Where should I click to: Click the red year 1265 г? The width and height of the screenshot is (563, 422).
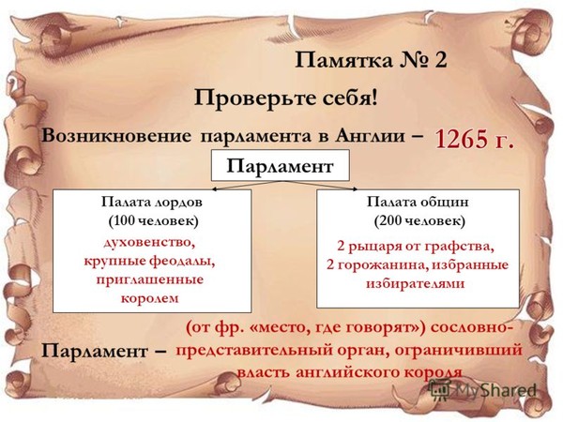click(474, 139)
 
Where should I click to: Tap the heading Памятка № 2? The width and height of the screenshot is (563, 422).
click(371, 60)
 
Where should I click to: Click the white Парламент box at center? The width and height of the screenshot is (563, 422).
click(280, 165)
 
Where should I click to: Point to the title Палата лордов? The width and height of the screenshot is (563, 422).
click(151, 203)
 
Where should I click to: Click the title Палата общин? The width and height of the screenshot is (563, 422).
click(418, 202)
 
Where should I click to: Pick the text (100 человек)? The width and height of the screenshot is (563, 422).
click(153, 221)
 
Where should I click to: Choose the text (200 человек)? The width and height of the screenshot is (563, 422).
click(419, 220)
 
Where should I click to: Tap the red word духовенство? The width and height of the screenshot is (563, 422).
click(149, 243)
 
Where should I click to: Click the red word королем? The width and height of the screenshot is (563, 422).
click(150, 299)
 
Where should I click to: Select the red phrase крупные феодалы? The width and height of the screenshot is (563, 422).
click(149, 262)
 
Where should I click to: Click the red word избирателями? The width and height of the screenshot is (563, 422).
click(415, 283)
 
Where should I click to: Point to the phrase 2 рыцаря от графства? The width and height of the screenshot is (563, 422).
click(416, 247)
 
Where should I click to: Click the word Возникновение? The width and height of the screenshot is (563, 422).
click(116, 136)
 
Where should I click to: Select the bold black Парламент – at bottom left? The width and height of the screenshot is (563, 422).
click(103, 352)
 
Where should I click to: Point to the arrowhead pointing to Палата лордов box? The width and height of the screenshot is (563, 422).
click(214, 189)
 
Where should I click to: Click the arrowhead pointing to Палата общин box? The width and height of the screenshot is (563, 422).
click(355, 189)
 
